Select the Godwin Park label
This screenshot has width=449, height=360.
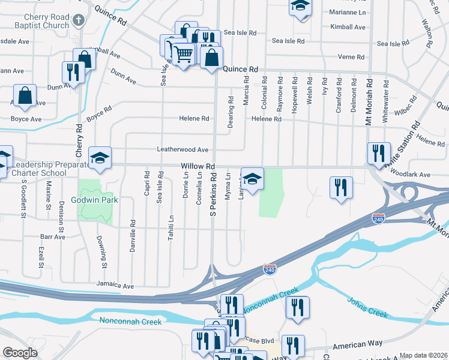coord(92,199)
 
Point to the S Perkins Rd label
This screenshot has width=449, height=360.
coord(212,196)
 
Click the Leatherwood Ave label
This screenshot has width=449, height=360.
coord(182,149)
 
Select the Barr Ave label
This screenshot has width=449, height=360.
coord(53,237)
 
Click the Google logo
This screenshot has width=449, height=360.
coord(20,353)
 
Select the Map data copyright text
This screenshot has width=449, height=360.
coord(424,355)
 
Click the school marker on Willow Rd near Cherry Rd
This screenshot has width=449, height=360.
coord(100,158)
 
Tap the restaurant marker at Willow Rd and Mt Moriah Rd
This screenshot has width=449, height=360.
coord(379,154)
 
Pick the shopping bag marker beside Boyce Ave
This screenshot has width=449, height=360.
coord(25,95)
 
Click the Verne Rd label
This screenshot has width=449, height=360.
coord(351,57)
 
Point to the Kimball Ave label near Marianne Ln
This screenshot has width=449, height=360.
coord(348,27)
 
